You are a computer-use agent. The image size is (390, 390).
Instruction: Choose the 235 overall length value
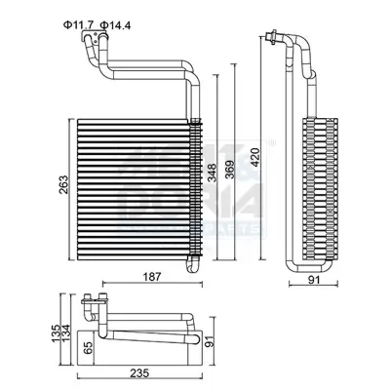coord(142,372)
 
